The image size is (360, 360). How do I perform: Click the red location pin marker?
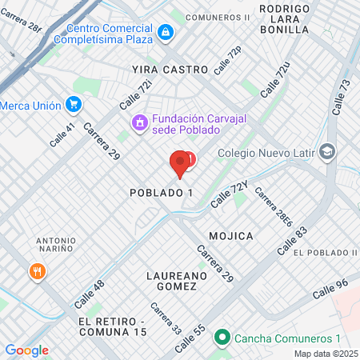(180, 163)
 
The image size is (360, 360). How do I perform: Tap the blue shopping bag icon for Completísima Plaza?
(165, 32)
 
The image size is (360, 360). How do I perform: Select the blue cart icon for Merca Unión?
(74, 104)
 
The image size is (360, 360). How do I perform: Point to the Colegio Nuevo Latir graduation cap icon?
(326, 151)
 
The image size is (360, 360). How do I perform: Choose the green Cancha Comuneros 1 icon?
(223, 338)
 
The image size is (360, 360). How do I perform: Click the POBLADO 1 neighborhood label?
(162, 194)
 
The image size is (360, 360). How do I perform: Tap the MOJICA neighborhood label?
(231, 236)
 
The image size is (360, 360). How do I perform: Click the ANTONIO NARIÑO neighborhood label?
(56, 246)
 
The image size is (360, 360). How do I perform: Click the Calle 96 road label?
(330, 289)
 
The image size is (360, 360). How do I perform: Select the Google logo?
(26, 350)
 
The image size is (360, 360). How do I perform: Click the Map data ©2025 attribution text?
(325, 354)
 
